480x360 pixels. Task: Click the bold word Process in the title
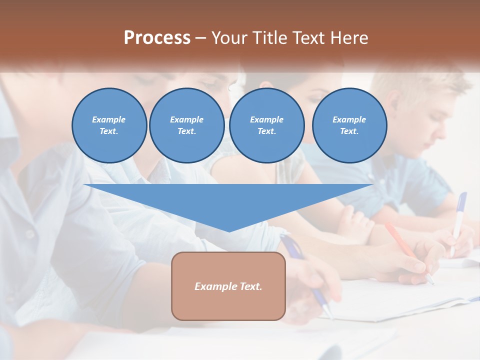click(157, 38)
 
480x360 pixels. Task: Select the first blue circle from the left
click(109, 125)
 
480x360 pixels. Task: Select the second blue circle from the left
click(186, 125)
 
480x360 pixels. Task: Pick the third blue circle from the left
click(266, 125)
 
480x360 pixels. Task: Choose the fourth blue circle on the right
click(349, 125)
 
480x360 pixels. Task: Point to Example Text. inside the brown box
click(228, 286)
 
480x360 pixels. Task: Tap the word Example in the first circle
click(109, 119)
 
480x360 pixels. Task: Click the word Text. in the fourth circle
click(349, 131)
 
